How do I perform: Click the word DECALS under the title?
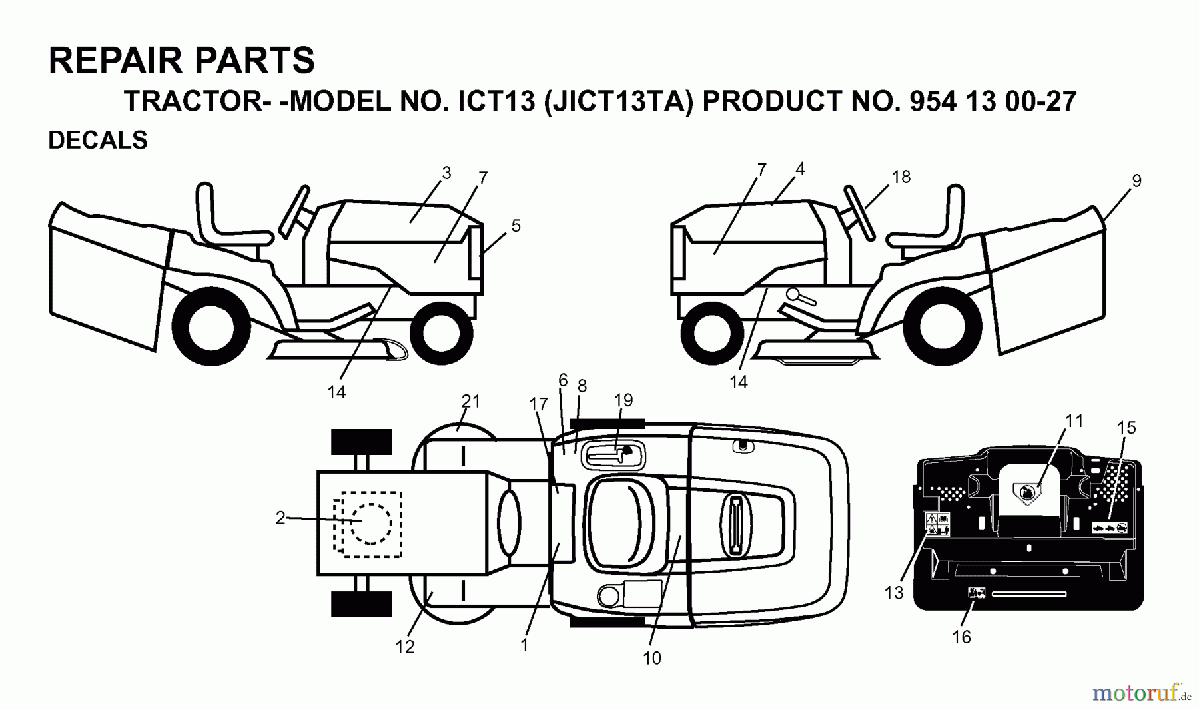(98, 141)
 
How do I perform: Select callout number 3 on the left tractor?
(446, 173)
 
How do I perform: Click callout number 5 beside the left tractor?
(516, 226)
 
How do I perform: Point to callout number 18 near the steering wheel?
(901, 177)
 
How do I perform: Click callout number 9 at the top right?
(1136, 180)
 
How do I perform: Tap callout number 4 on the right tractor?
(800, 169)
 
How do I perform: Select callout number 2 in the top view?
(280, 518)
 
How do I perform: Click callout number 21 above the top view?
(470, 401)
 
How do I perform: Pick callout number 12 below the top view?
(405, 647)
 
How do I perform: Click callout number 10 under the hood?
(651, 658)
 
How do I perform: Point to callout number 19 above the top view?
(623, 400)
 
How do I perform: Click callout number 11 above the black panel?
(1074, 421)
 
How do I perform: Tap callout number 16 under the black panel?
(961, 637)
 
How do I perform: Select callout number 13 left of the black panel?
(894, 593)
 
